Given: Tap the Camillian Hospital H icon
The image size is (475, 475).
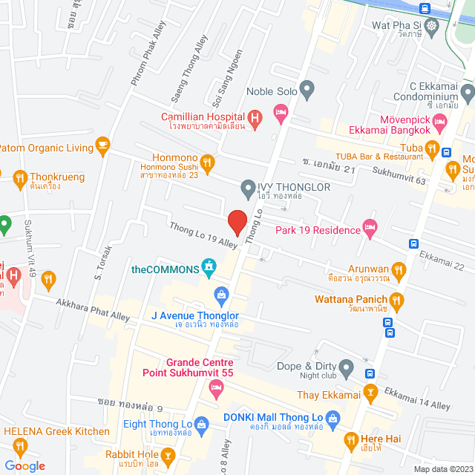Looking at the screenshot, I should (255, 117).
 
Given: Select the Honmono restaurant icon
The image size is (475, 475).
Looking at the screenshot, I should (208, 163).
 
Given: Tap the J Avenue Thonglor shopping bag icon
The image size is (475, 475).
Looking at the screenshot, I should (220, 295).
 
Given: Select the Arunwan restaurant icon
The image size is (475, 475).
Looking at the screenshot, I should (399, 269).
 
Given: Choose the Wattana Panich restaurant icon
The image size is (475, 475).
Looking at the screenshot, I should (396, 301).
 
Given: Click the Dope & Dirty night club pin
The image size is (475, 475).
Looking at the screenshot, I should (346, 367).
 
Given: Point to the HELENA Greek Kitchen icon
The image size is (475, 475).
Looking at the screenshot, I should (20, 446).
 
